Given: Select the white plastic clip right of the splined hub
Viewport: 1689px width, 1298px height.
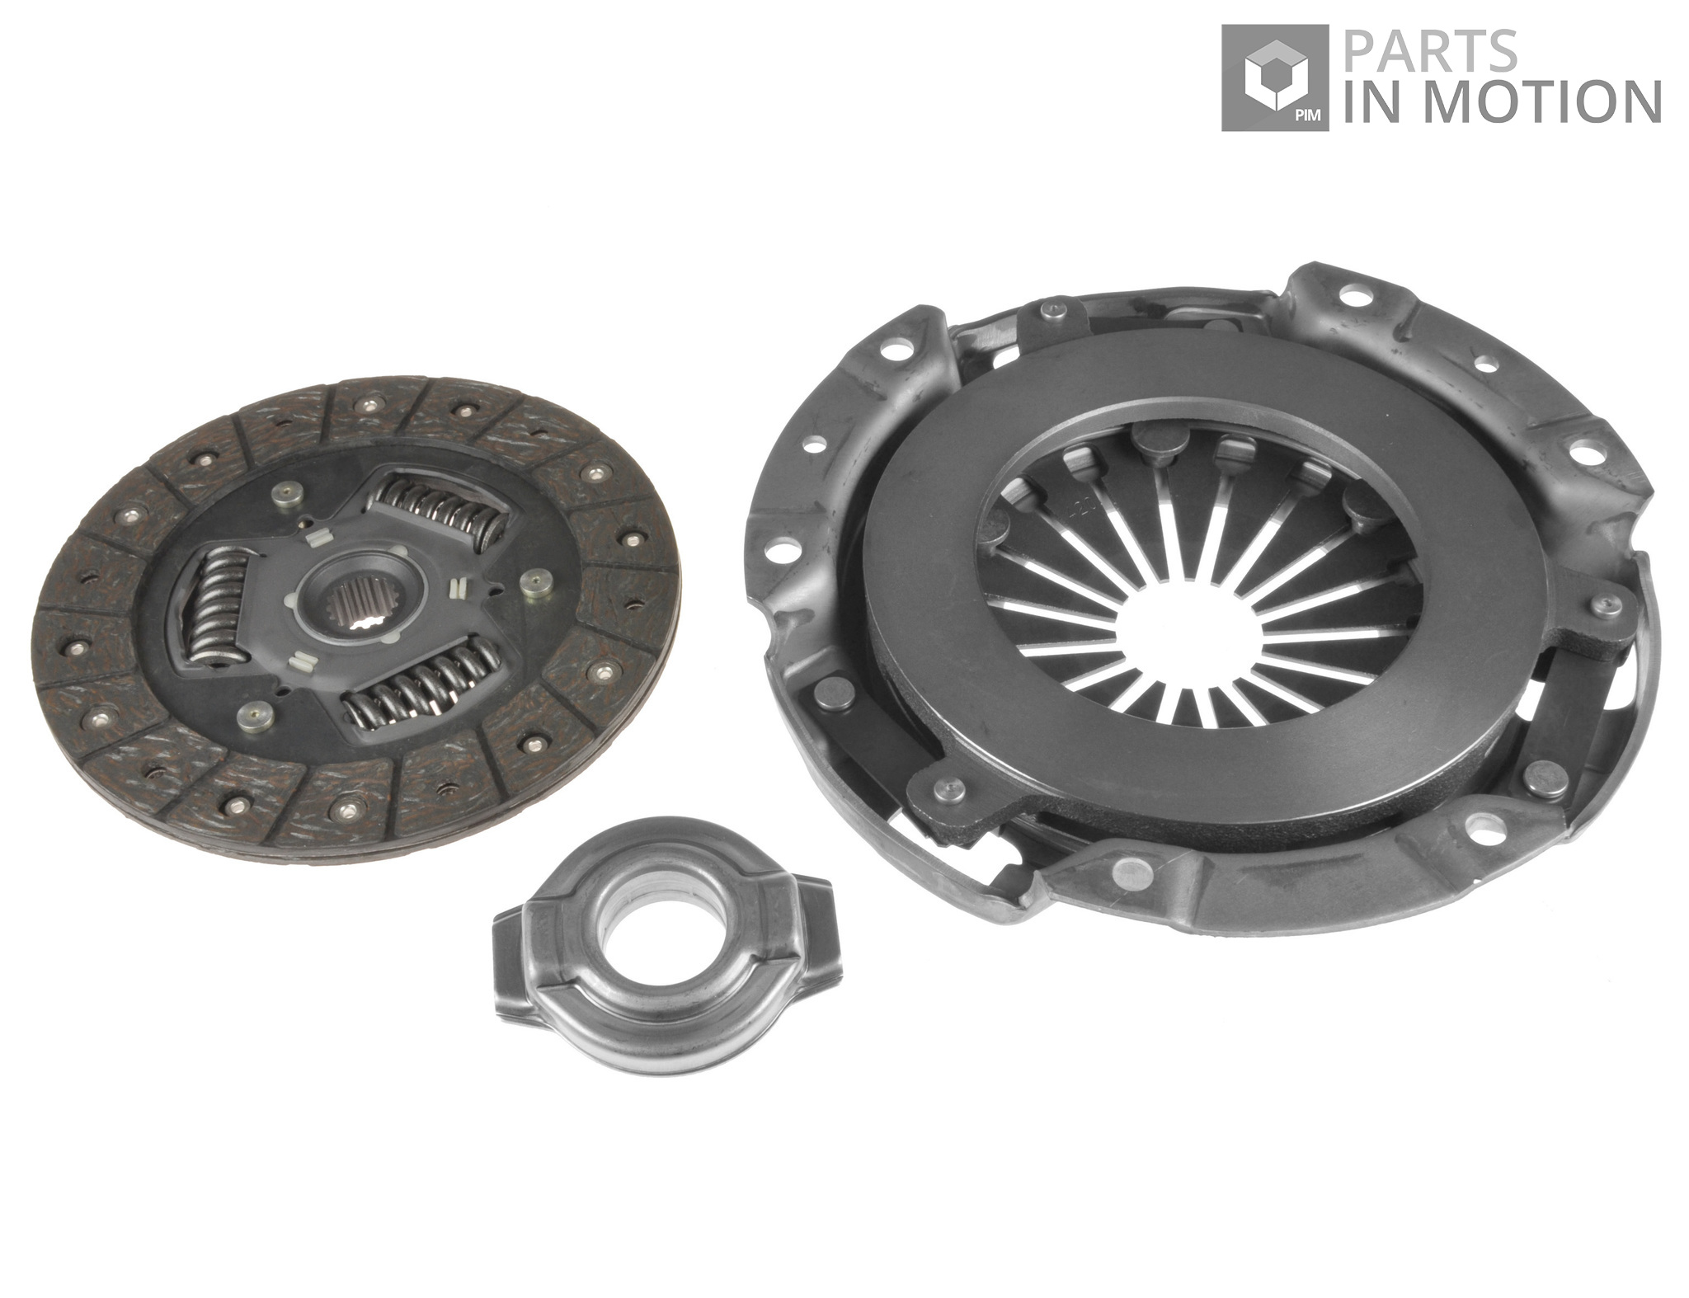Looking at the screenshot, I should click(455, 588).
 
